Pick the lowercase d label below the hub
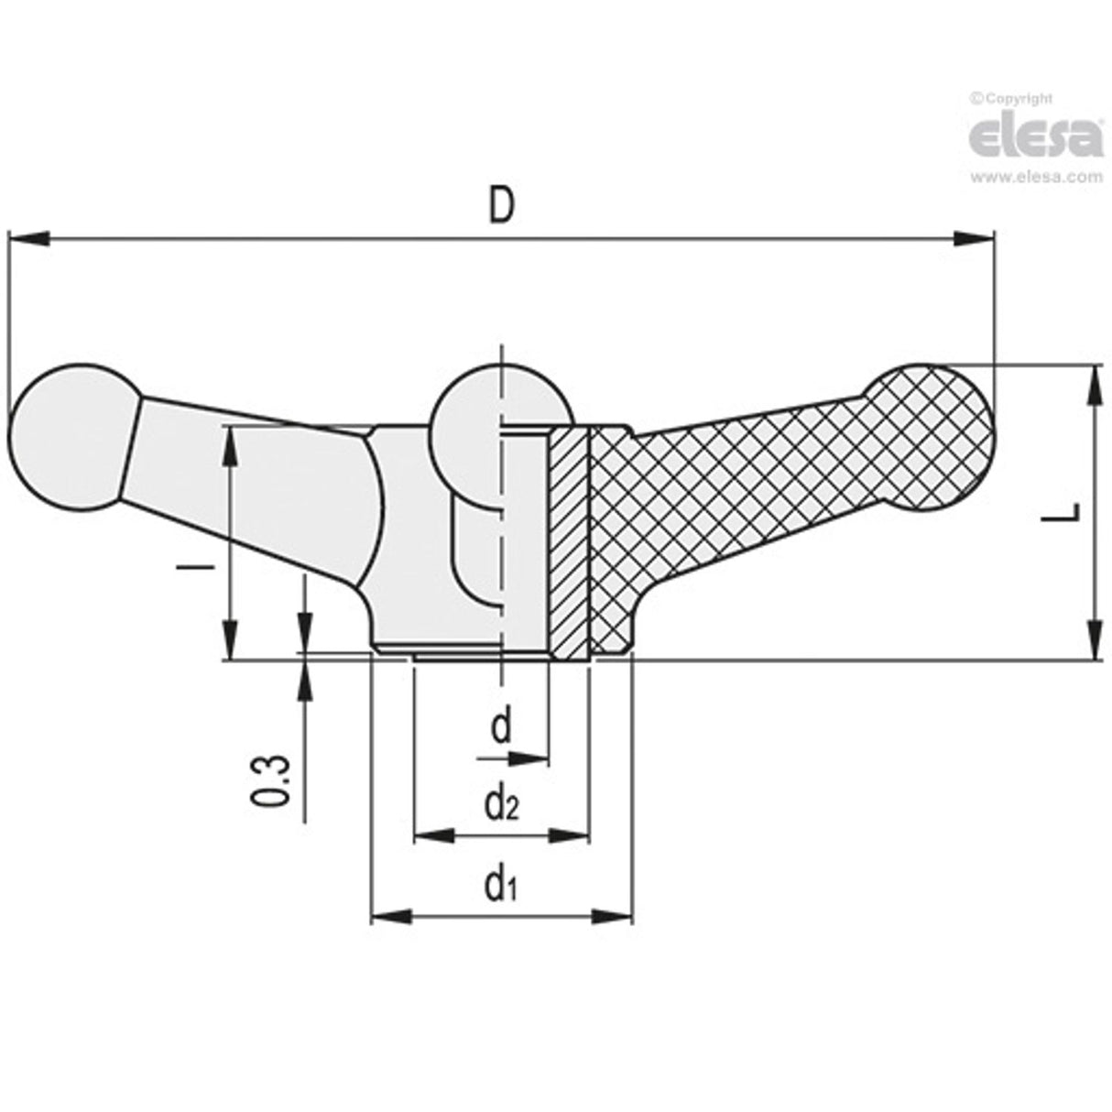click(500, 728)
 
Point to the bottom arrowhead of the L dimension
click(1095, 638)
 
